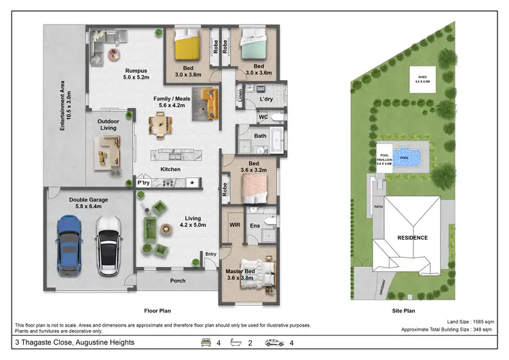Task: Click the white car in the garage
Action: [108, 245]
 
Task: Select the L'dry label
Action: [266, 100]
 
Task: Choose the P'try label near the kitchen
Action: [143, 183]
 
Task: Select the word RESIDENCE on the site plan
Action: [412, 238]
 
